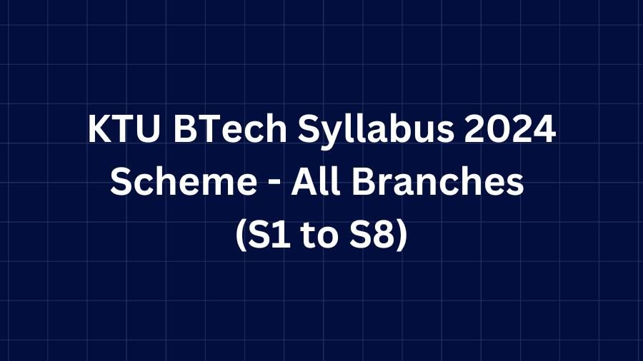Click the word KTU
point(124,129)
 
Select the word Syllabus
point(376,131)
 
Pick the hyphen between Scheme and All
point(274,184)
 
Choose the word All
point(315,181)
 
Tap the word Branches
point(438,181)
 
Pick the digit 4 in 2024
point(544,129)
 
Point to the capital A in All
point(304,182)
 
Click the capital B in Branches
point(364,182)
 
